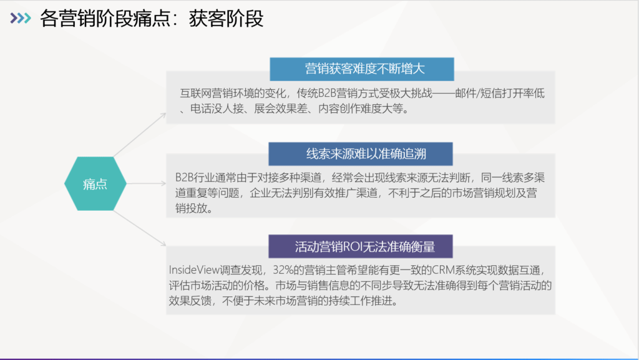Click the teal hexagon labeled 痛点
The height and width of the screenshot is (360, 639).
[x=95, y=183]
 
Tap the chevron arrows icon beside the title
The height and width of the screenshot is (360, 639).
[x=21, y=18]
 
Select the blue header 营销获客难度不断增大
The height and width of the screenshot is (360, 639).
[x=362, y=69]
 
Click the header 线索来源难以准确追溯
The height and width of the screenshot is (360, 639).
[x=361, y=154]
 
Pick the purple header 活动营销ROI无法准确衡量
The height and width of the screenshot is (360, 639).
[x=361, y=246]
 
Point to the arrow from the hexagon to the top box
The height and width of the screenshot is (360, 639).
[x=140, y=135]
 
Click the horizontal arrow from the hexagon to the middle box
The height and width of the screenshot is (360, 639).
[x=146, y=183]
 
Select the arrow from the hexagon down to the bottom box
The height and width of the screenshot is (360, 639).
[x=140, y=228]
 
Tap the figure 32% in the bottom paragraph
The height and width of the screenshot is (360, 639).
[x=283, y=270]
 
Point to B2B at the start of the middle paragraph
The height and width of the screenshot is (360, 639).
[x=184, y=178]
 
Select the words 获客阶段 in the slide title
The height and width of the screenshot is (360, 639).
[x=226, y=18]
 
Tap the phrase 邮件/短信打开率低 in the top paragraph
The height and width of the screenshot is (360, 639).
[x=500, y=93]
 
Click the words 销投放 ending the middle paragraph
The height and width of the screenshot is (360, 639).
[x=191, y=208]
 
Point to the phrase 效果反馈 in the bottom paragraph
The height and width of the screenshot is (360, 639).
[x=190, y=301]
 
